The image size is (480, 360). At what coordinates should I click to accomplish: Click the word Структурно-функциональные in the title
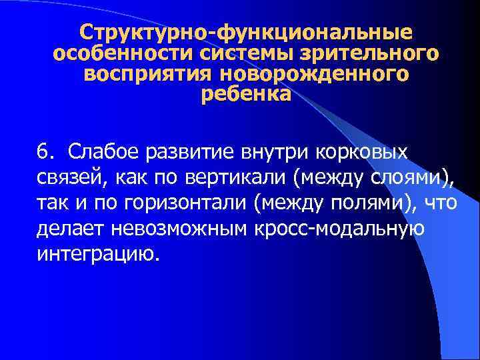[245, 32]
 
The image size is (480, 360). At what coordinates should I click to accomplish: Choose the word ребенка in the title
[245, 95]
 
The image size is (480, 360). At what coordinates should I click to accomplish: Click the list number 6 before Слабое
[43, 153]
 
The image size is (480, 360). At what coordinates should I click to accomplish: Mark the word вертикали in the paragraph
[232, 178]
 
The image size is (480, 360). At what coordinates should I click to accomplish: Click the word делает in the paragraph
[68, 229]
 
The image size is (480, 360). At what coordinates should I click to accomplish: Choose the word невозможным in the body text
[177, 229]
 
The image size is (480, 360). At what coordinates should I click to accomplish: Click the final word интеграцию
[99, 254]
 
